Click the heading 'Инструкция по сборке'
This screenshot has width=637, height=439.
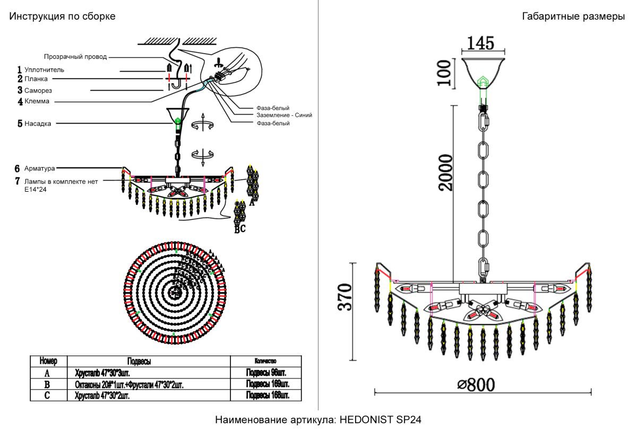point(62,16)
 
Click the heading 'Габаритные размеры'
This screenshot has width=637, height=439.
point(573,16)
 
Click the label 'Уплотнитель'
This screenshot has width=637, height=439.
point(44,70)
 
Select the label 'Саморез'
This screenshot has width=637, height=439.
point(38,90)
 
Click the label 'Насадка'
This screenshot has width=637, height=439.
point(38,124)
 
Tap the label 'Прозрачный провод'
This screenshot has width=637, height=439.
point(75,56)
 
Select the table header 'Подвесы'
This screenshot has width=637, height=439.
point(139,361)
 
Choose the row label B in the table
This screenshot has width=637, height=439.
point(47,384)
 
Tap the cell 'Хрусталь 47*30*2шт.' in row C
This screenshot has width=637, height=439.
point(102,395)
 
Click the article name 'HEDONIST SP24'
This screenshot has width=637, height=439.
point(380,420)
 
